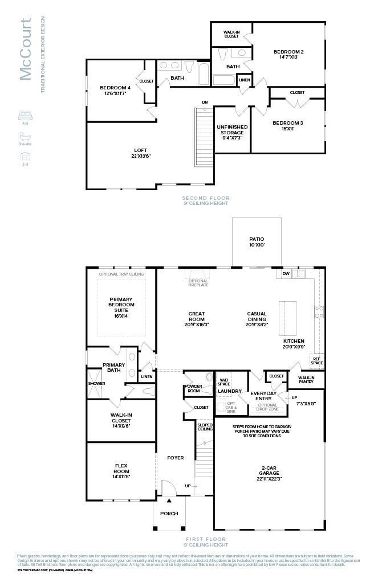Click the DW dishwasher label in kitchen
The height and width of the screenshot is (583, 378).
286,274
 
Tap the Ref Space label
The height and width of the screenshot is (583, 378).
316,360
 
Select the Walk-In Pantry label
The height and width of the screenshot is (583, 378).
306,379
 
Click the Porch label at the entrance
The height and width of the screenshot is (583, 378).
169,514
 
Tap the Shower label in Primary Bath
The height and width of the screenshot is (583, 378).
96,383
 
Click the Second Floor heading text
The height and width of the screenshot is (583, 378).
206,198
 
